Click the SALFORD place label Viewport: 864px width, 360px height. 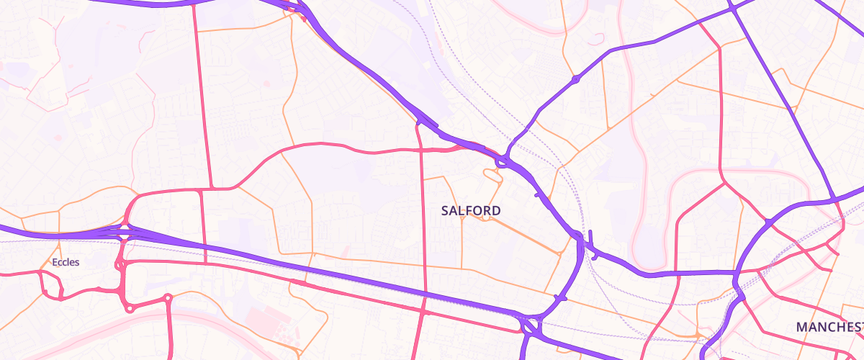tap(471, 210)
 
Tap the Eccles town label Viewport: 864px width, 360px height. tap(66, 262)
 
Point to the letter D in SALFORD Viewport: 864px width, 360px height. tap(496, 210)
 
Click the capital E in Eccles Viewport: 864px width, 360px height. tap(55, 262)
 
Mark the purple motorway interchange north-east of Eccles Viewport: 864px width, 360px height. tap(124, 232)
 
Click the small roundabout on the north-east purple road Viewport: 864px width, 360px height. tap(575, 78)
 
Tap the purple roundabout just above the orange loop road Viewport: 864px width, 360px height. tap(501, 163)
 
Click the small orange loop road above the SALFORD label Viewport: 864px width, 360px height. tap(494, 174)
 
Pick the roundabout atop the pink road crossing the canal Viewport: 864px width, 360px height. tap(168, 297)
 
